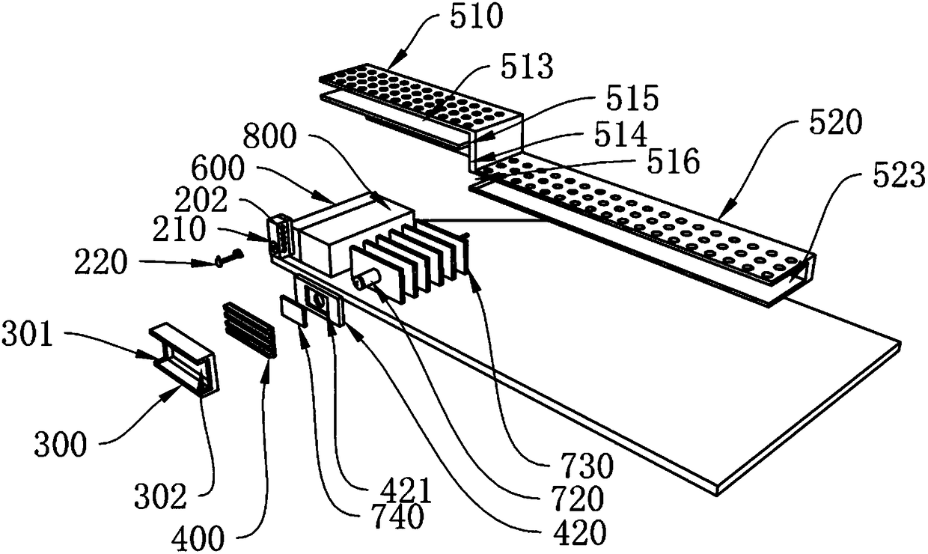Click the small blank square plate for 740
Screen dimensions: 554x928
pyautogui.click(x=293, y=309)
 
